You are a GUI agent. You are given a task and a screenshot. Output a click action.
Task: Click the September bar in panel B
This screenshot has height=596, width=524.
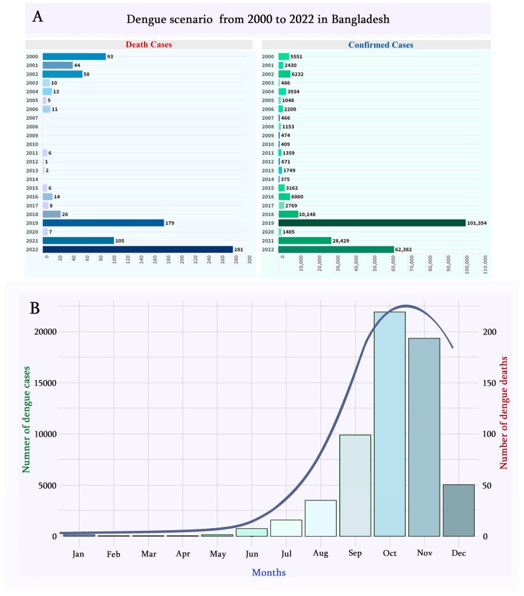click(355, 485)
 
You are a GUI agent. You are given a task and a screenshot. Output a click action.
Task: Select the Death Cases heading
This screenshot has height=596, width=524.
click(139, 45)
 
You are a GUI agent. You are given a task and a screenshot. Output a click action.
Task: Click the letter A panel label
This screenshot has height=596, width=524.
click(38, 18)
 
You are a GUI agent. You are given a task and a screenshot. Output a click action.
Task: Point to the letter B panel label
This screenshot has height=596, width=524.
click(38, 308)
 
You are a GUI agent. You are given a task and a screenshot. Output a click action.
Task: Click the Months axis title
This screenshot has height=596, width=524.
click(269, 572)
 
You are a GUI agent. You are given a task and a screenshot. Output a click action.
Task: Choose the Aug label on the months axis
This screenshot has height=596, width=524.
click(321, 554)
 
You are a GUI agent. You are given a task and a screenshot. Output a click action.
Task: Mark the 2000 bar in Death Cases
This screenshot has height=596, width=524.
click(74, 57)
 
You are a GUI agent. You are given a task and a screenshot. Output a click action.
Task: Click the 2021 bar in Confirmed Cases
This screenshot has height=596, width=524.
click(304, 240)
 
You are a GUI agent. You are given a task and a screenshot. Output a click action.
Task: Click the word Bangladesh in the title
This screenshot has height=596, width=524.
click(360, 19)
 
